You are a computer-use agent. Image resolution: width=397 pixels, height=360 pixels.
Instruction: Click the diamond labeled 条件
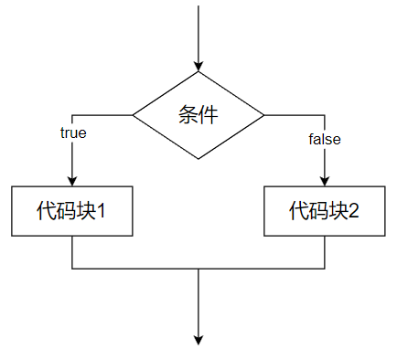click(x=198, y=115)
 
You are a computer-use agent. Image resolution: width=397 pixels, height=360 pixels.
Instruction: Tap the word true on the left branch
click(x=73, y=132)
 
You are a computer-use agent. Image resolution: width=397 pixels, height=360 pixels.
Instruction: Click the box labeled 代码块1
click(x=72, y=211)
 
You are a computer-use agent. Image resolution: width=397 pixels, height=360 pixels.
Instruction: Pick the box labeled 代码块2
click(x=324, y=211)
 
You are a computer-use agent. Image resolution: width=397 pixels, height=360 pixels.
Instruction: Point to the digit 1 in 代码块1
click(x=102, y=211)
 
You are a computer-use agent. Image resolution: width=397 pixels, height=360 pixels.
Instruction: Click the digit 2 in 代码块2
click(x=354, y=211)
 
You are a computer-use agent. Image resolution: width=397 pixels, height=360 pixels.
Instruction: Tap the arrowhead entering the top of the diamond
click(x=198, y=66)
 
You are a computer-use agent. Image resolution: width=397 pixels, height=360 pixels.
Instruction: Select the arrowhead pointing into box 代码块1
click(x=72, y=180)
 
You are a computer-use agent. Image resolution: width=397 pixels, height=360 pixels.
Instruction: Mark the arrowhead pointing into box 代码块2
click(x=325, y=180)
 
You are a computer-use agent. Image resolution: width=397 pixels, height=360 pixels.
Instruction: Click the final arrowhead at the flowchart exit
click(x=198, y=339)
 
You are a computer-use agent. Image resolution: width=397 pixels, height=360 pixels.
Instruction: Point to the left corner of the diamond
click(x=134, y=115)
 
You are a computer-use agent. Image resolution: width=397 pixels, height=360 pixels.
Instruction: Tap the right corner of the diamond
click(x=263, y=115)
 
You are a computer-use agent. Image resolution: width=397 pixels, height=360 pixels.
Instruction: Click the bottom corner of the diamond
click(x=198, y=159)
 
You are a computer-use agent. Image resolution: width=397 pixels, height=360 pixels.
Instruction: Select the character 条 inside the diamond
click(x=188, y=115)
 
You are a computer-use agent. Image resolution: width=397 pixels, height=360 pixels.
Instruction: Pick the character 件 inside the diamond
click(x=209, y=115)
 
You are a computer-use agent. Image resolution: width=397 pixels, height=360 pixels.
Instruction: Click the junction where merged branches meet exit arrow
click(x=198, y=269)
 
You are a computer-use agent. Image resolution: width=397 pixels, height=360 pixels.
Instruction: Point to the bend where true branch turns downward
click(x=72, y=115)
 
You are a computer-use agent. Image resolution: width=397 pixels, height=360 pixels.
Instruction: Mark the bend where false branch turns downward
click(x=325, y=115)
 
